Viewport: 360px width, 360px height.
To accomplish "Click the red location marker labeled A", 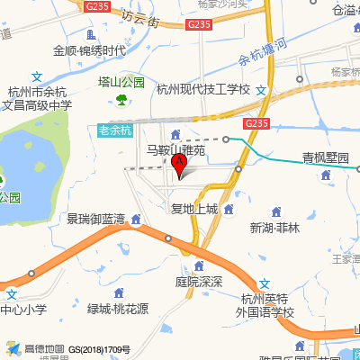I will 179,166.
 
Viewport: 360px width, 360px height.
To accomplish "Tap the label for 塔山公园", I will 121,82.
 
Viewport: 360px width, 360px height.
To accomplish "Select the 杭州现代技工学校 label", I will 202,89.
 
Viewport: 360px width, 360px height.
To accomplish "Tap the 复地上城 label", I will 194,209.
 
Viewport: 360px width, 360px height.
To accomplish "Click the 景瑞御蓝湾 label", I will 95,219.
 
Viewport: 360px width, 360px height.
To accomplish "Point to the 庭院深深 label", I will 199,281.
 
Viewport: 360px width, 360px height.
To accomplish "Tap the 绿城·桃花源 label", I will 118,309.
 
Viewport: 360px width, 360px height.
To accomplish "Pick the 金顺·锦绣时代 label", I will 89,51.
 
